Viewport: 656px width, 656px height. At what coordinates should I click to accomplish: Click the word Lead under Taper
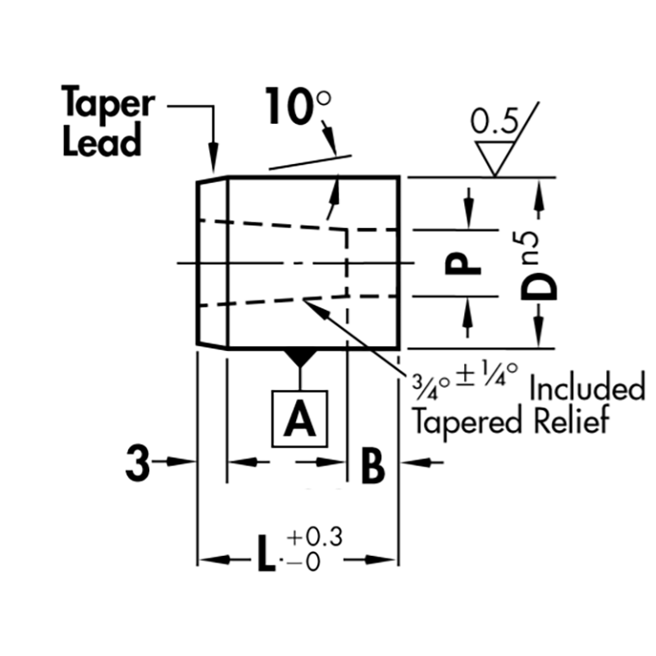[102, 142]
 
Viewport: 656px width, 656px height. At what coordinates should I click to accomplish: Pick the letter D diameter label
[542, 285]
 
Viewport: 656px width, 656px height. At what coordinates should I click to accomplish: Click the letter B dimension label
[372, 467]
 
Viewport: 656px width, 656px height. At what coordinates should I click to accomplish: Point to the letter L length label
[263, 560]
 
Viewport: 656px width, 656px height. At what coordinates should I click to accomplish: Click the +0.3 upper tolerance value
[314, 538]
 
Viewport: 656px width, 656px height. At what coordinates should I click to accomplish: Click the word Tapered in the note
[464, 422]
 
